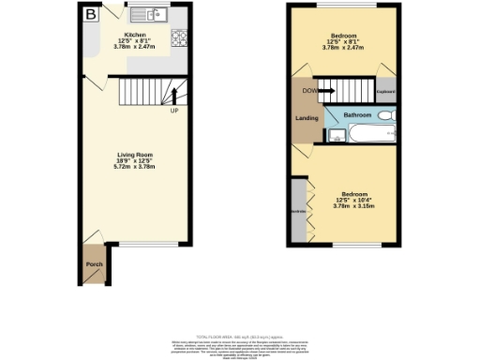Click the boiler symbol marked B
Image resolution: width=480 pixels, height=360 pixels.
coord(91,14)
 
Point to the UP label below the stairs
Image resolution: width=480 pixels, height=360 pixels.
coord(174,111)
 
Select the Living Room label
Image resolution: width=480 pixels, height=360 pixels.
coord(135,154)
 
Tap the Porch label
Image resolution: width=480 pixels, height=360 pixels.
coord(94,264)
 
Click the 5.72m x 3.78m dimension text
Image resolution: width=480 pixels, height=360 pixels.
coord(135,166)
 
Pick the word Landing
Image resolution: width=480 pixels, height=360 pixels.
coord(306,117)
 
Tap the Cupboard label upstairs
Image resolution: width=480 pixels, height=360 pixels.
coord(385,92)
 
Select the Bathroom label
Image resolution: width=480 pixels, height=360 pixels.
coord(357,115)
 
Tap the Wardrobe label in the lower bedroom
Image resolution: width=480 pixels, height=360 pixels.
coord(297,213)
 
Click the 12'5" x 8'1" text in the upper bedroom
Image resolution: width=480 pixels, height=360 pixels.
coord(342,41)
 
